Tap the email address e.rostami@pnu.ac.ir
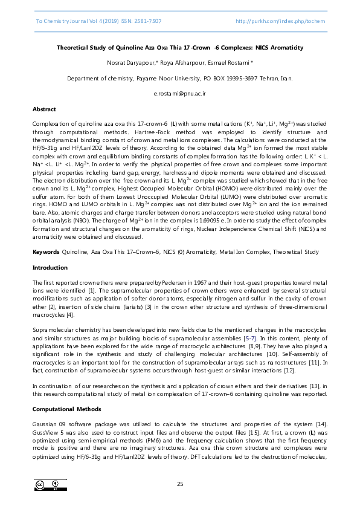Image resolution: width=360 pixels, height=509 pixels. tap(180, 94)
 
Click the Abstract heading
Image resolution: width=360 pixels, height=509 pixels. tap(44, 109)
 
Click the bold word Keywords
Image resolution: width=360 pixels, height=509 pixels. tap(46, 251)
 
